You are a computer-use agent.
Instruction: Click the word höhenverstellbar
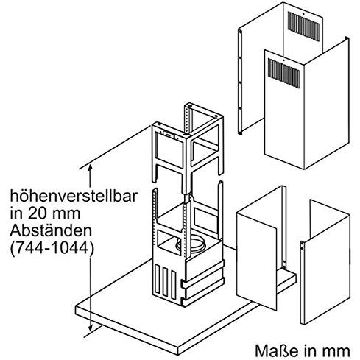(x=74, y=197)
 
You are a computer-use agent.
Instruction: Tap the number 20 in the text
(x=36, y=213)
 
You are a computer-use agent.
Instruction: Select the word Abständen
(x=51, y=230)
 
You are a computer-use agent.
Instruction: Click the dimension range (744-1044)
(x=52, y=248)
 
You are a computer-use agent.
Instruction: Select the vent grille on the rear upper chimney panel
(x=303, y=27)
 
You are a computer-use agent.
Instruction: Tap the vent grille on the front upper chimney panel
(x=283, y=73)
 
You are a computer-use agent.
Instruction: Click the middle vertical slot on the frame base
(x=166, y=282)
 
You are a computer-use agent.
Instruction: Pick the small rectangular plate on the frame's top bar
(x=168, y=134)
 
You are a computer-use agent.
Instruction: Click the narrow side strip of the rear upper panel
(x=240, y=81)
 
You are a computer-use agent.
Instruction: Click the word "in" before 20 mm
(x=17, y=213)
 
